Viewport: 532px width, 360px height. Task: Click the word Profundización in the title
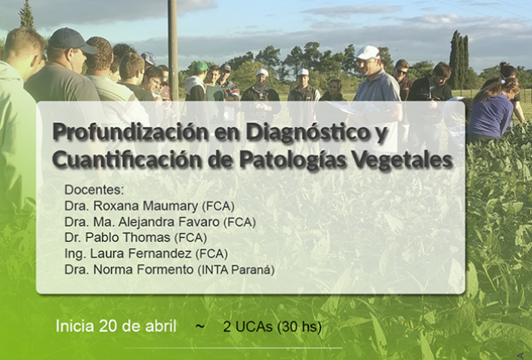tap(131, 132)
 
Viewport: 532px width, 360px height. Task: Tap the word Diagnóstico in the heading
tap(308, 131)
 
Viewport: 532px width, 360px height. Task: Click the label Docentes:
tap(94, 190)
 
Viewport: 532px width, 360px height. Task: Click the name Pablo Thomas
tap(127, 237)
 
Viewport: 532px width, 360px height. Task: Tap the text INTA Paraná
tap(236, 269)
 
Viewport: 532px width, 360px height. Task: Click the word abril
tap(160, 326)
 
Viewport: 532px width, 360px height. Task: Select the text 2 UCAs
tap(248, 327)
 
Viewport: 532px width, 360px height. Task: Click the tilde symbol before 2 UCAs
tap(199, 327)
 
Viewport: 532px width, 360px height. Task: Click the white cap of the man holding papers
tap(367, 52)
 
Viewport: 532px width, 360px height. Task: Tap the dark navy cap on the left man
tap(72, 40)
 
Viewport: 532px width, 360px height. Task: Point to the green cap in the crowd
tap(201, 66)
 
